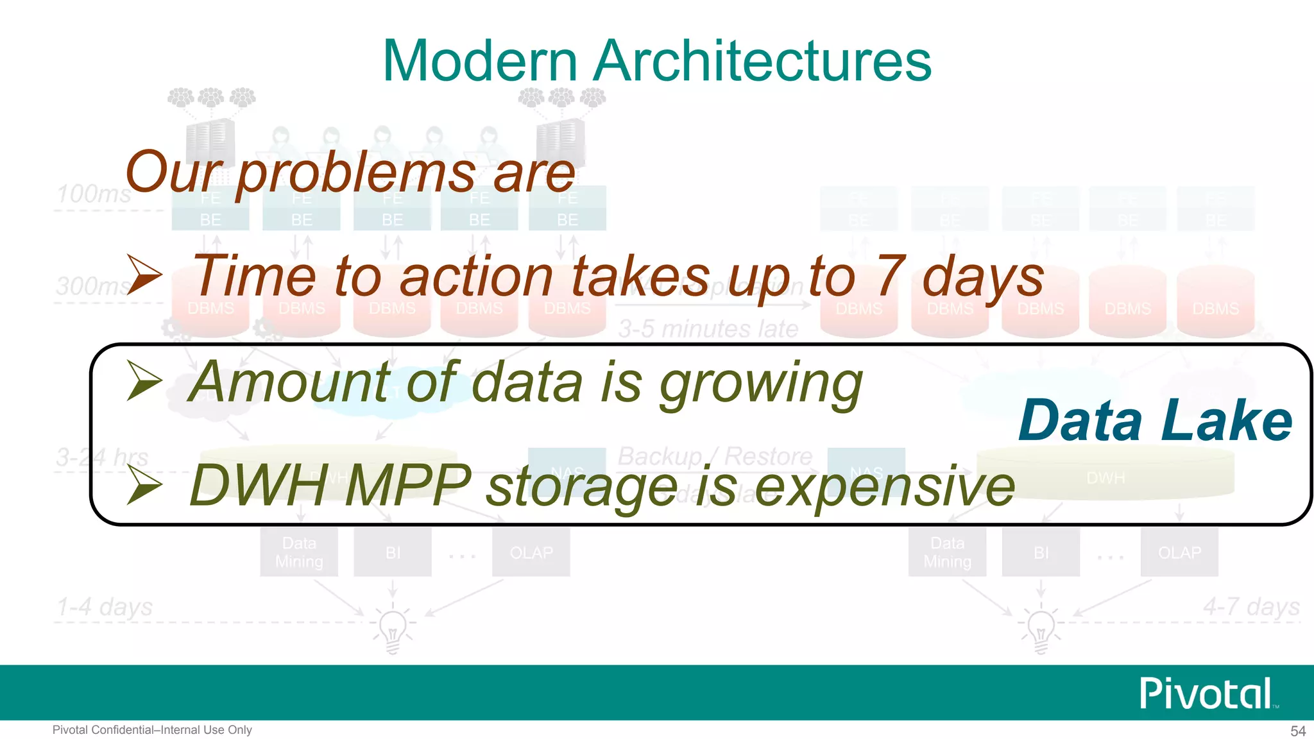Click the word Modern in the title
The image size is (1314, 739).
[480, 61]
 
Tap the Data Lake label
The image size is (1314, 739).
[1155, 421]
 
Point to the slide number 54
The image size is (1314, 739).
[1297, 731]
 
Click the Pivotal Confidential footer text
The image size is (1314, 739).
[152, 730]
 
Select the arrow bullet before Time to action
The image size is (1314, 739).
[144, 275]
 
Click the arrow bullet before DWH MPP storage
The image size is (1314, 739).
[144, 484]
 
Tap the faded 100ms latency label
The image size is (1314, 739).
[94, 194]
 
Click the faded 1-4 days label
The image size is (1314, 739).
[105, 607]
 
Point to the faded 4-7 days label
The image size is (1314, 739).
[1251, 607]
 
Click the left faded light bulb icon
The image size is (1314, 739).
[393, 629]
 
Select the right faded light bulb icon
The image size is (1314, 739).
[1041, 629]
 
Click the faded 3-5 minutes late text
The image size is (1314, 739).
[708, 329]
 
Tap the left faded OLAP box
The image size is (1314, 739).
[531, 552]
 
